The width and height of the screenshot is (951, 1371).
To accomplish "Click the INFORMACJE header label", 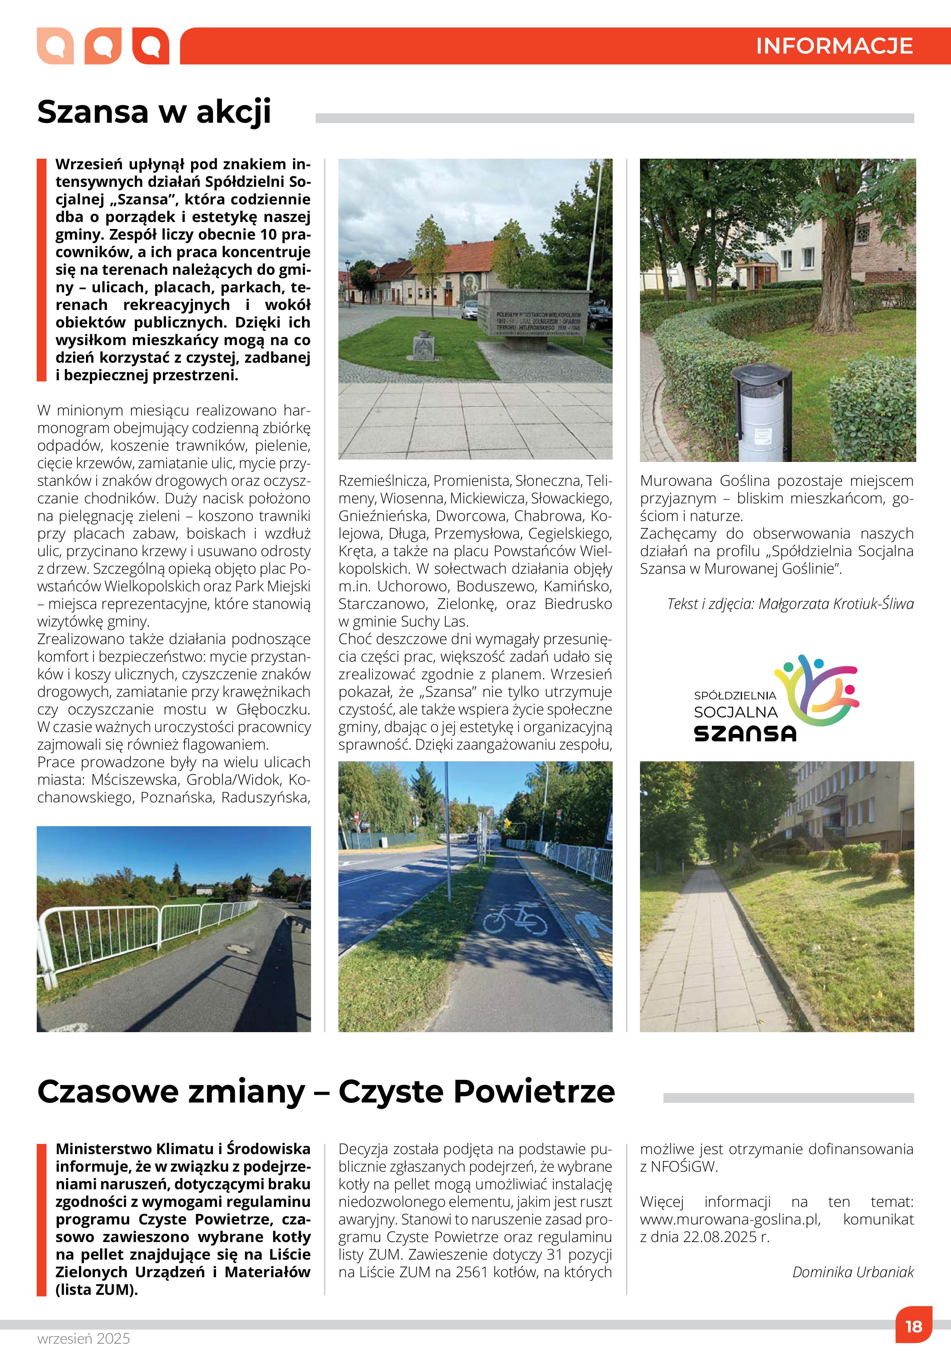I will click(x=834, y=46).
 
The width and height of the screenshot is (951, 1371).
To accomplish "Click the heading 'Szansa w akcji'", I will click(x=154, y=111).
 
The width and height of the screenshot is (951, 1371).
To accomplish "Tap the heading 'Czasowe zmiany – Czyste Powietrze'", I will click(x=325, y=1092).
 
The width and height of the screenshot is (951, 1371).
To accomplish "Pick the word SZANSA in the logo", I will click(x=745, y=732).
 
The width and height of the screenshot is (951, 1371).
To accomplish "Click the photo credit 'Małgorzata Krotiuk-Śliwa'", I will click(x=835, y=604).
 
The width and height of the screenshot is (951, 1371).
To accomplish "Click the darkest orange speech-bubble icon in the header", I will click(x=150, y=45).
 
